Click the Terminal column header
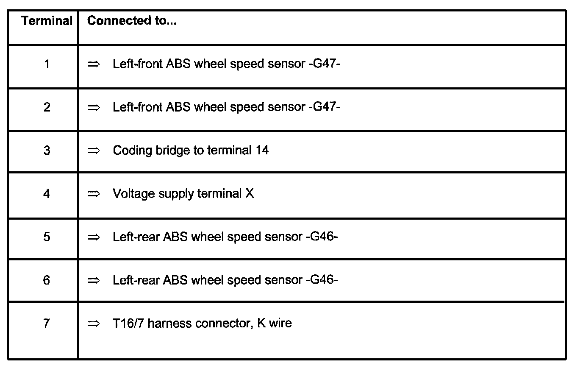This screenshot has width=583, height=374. click(x=47, y=21)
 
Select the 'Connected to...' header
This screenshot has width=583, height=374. click(x=132, y=21)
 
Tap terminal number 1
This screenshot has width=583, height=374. click(x=47, y=64)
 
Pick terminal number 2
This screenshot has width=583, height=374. click(x=47, y=107)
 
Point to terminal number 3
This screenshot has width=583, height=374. click(x=47, y=150)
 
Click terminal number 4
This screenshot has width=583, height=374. click(x=47, y=194)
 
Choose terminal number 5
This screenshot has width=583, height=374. click(x=47, y=237)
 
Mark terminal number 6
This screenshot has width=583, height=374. click(x=47, y=280)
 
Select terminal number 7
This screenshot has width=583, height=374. click(x=47, y=323)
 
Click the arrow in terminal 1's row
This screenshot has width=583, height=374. click(x=93, y=64)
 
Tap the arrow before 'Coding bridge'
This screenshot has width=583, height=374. click(x=93, y=151)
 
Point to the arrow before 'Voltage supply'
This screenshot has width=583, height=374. click(x=93, y=194)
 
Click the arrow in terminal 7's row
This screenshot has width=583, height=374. click(x=93, y=324)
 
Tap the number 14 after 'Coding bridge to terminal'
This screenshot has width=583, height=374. click(x=262, y=150)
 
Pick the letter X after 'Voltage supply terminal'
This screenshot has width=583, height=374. click(x=250, y=194)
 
